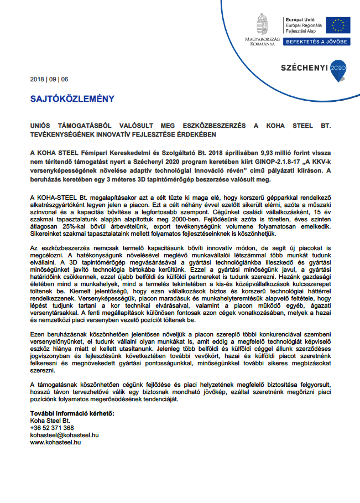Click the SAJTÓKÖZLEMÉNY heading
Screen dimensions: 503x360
[x=72, y=99]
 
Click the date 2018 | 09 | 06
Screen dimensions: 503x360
[x=49, y=79]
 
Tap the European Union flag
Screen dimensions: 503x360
[x=337, y=25]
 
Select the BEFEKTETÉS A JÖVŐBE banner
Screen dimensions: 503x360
[x=317, y=42]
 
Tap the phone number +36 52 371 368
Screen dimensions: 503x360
[x=51, y=428]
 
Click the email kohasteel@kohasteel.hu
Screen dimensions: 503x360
[x=64, y=435]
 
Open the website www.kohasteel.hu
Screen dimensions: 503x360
[x=55, y=442]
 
